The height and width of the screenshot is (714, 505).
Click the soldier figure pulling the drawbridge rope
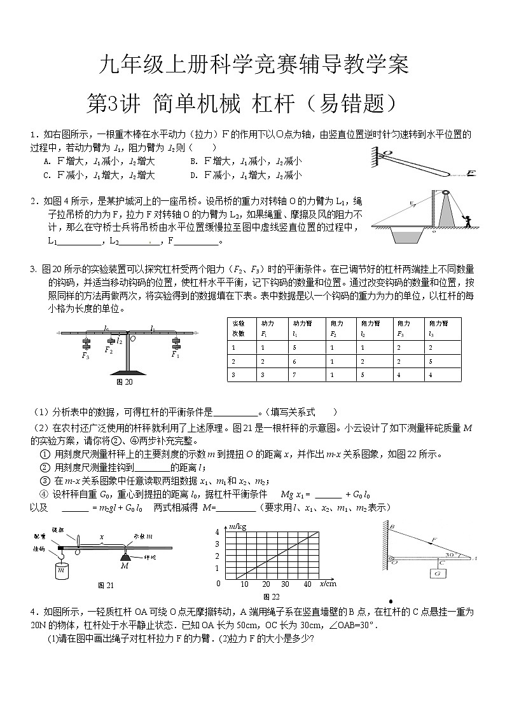coord(469,222)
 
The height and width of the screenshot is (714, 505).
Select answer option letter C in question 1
coord(46,175)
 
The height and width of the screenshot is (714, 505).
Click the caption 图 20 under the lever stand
coord(125,382)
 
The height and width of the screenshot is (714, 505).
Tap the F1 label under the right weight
coord(175,355)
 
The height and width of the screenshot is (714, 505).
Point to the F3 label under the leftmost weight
coord(85,356)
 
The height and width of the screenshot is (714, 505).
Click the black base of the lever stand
coord(127,373)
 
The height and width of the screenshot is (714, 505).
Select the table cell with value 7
coord(294,374)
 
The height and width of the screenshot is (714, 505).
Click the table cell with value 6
coord(294,361)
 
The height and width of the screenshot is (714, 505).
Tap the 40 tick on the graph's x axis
coord(308,584)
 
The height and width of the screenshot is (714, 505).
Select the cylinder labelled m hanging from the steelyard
coord(62,569)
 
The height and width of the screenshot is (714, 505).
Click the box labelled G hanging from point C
coord(439,573)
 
